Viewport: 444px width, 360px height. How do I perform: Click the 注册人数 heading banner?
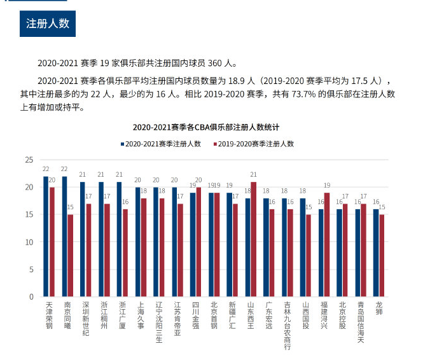48,24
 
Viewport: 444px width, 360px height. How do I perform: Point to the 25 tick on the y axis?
29,160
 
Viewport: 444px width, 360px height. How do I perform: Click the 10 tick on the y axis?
29,242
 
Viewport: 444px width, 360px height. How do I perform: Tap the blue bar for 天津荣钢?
46,236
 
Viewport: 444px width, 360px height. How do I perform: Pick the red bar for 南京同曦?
70,255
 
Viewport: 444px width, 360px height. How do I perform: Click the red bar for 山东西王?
254,239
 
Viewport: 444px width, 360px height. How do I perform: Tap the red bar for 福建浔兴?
327,244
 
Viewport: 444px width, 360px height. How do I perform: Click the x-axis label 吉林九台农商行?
288,325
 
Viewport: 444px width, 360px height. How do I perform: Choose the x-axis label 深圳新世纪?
86,318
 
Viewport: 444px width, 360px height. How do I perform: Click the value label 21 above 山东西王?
254,174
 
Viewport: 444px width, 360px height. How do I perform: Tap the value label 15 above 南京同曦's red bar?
70,207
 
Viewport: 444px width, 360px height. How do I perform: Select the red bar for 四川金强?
198,242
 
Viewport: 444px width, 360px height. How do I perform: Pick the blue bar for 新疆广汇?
229,244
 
